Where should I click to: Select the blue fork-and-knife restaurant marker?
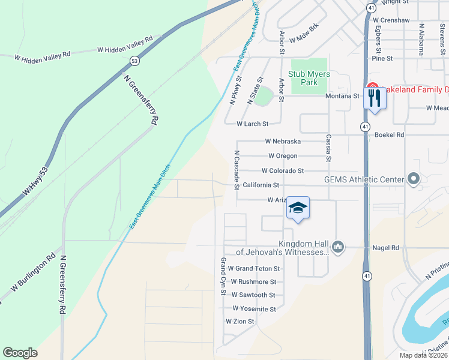point(375,98)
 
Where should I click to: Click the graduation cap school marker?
point(298,208)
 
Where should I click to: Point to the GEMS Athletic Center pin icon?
point(413,179)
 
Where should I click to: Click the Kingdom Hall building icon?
point(338,247)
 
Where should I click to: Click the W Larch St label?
point(252,124)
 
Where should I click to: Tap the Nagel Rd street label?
point(386,248)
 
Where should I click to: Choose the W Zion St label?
point(240,322)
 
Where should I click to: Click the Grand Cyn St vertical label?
point(223,277)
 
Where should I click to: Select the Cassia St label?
point(328,148)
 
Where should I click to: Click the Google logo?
point(20,353)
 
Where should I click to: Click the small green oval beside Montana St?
point(263,97)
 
